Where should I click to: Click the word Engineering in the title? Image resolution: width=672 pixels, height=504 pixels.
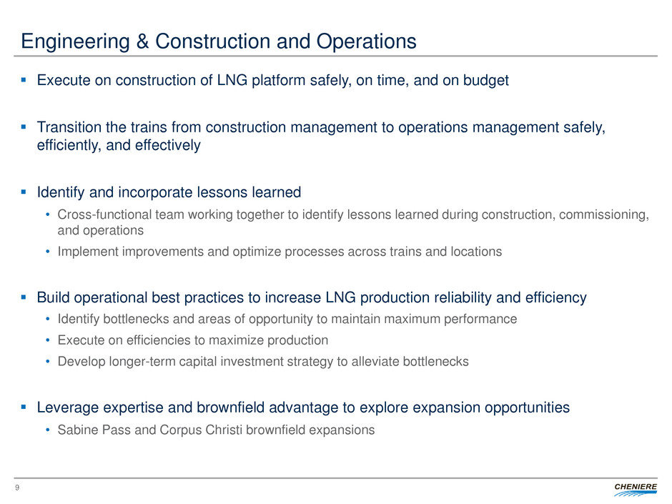pos(76,42)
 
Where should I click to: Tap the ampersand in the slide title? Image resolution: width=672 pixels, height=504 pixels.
pos(142,41)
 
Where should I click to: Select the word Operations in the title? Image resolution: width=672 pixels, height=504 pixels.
pos(367,42)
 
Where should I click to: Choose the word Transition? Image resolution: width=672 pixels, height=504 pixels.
pos(69,127)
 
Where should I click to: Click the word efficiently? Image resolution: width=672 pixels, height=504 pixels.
pos(69,145)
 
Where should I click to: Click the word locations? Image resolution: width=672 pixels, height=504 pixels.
pos(476,252)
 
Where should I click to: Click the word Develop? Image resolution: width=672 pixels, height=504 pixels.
pos(81,362)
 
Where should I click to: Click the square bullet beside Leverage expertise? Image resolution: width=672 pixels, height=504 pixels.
pos(24,407)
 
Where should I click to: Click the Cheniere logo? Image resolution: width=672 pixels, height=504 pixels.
pos(635,489)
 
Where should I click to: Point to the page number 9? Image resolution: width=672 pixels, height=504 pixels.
pos(17,488)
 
